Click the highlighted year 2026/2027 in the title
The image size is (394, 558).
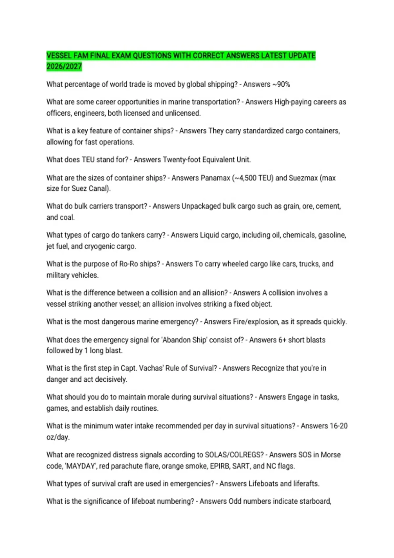point(64,67)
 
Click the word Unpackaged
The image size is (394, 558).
point(201,206)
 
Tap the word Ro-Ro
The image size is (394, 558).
point(128,264)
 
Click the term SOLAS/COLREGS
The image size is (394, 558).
point(234,455)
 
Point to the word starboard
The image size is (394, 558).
point(315,502)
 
